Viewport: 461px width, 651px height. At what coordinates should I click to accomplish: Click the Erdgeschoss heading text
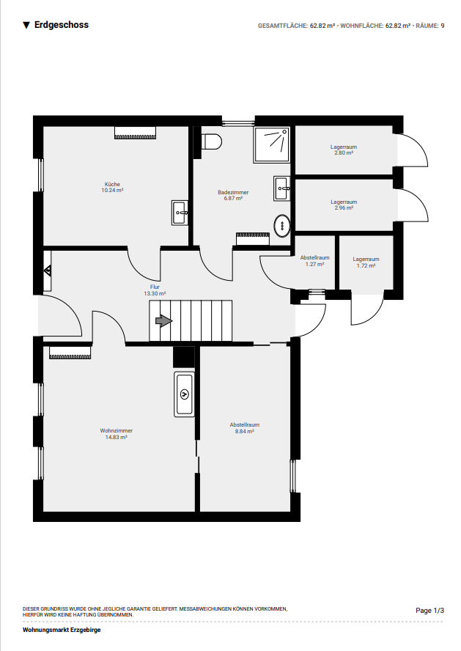point(62,25)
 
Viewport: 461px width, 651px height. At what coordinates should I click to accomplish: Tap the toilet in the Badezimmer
point(212,141)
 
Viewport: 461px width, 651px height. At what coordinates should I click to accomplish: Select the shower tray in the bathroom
point(272,144)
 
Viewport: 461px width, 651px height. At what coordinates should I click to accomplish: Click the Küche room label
point(112,187)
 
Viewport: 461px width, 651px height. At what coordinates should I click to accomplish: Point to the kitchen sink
point(180,213)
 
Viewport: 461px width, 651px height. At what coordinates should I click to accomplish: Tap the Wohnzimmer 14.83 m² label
point(117,434)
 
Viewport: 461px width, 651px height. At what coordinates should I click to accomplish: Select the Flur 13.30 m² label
point(155,290)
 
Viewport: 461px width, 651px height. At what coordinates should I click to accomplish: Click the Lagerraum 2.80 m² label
point(344,150)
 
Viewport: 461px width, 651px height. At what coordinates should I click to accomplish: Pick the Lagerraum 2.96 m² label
point(344,205)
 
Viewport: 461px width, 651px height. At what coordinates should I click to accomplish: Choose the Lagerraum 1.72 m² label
point(366,262)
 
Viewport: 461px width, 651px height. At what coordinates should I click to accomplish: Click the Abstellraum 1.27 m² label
point(315,261)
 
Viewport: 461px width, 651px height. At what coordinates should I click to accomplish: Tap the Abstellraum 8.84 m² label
point(244,428)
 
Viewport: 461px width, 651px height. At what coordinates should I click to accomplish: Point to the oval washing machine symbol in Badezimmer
point(283,226)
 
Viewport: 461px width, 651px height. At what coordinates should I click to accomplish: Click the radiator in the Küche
point(136,133)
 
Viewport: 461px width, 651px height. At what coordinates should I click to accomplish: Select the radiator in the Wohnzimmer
point(70,352)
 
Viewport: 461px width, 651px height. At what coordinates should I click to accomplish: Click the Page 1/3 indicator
point(430,610)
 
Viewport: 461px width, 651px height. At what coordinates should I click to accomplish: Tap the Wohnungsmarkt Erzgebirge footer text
point(62,630)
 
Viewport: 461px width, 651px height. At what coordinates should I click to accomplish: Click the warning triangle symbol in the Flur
point(48,271)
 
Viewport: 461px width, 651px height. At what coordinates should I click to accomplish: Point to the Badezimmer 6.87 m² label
point(233,195)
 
